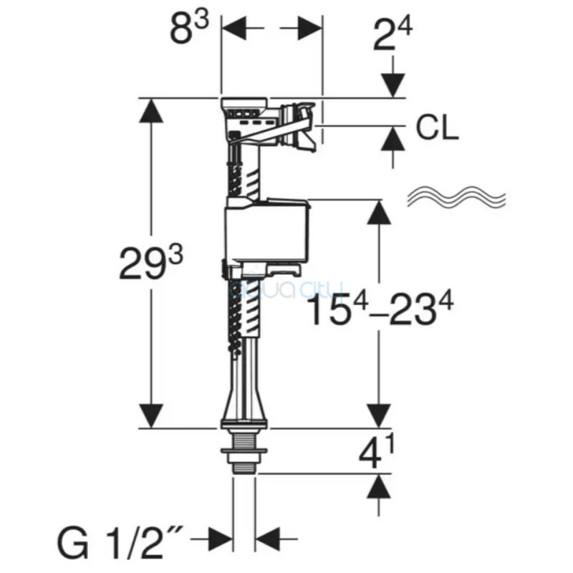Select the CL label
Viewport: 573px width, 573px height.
[437, 128]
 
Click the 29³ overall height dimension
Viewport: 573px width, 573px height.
[151, 263]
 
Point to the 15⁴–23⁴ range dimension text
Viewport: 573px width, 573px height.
[381, 309]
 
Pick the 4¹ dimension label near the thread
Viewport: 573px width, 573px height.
[377, 453]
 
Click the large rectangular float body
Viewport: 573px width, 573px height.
[267, 231]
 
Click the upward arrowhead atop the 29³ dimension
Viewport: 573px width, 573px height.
[151, 110]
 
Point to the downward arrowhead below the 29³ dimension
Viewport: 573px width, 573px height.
[151, 416]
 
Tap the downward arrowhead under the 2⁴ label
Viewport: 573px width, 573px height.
[393, 85]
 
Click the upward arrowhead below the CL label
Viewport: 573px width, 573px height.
[393, 138]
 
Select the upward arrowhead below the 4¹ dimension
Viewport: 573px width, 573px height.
[379, 486]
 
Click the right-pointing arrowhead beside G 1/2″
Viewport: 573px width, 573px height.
[221, 539]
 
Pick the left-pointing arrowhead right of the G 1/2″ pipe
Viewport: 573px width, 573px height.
[267, 539]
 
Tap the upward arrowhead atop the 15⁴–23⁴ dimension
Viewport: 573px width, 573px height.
[380, 212]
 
